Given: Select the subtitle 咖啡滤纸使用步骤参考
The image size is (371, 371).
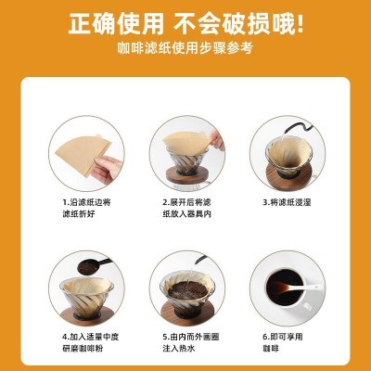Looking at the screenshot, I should [x=185, y=48].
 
